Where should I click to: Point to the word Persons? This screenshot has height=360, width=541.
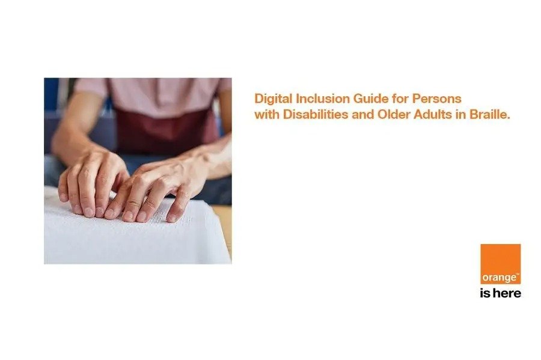(x=437, y=99)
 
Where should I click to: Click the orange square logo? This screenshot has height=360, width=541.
(x=500, y=264)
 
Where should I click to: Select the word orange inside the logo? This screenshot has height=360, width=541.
(x=499, y=278)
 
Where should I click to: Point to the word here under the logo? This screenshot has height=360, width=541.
(x=507, y=293)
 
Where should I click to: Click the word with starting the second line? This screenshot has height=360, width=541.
(x=267, y=114)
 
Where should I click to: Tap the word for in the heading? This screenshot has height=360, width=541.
(x=400, y=99)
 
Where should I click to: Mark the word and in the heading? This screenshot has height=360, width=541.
(x=362, y=114)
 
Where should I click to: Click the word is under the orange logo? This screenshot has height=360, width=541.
(x=484, y=293)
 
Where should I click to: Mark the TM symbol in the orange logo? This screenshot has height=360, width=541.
(x=517, y=274)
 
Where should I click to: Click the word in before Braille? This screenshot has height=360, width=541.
(x=460, y=114)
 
